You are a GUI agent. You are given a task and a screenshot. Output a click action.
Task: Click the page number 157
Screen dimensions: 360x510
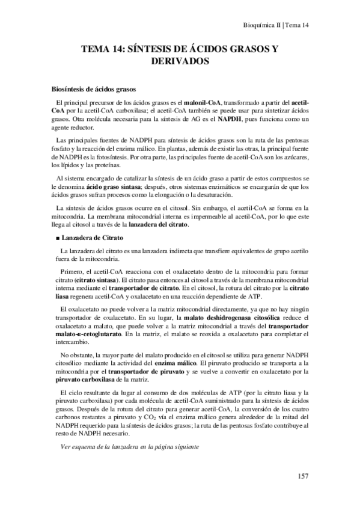tap(303, 476)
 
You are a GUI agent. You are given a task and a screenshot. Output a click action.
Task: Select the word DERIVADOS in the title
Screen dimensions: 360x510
tap(180, 61)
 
